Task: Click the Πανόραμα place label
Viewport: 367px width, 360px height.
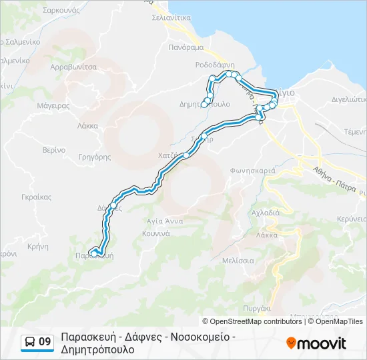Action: [x=186, y=48]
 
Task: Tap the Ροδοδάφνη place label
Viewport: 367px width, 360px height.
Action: [x=214, y=65]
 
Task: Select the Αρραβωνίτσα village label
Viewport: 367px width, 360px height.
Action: [x=74, y=67]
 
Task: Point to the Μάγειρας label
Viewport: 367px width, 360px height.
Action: [x=54, y=105]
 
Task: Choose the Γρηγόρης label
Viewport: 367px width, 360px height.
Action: [x=94, y=158]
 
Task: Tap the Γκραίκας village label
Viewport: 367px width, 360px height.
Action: [x=36, y=197]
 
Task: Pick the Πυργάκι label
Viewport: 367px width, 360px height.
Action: [x=257, y=309]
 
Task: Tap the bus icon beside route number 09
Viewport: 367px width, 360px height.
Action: [x=30, y=343]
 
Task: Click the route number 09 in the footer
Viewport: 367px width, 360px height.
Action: [x=45, y=343]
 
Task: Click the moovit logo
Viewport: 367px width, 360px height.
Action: [x=316, y=343]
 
